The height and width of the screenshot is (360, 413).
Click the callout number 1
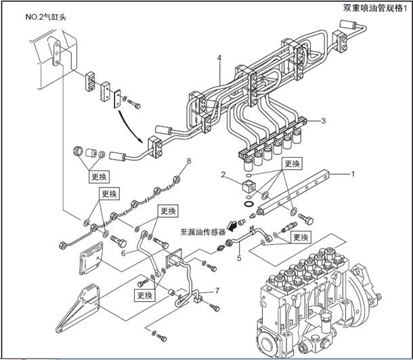[x=353, y=174]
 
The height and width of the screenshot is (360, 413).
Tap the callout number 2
[x=223, y=175]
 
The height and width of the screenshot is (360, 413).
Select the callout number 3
[x=324, y=121]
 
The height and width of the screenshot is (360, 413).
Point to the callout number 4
[x=219, y=58]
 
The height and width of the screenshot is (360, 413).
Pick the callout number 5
[x=238, y=258]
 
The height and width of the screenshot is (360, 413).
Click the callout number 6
[x=123, y=253]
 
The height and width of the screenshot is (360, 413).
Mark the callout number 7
[x=217, y=290]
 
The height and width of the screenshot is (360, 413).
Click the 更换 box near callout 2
[x=292, y=163]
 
